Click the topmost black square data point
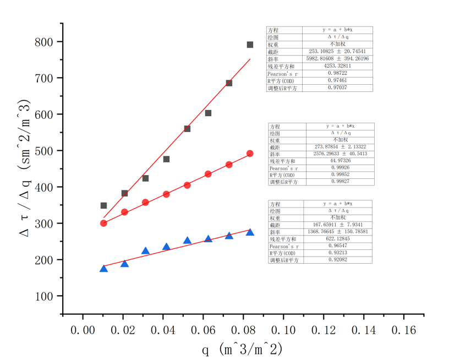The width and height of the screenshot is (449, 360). click(x=250, y=45)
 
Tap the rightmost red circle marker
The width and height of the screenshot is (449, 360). click(x=250, y=154)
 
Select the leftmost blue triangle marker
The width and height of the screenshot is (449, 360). click(x=103, y=268)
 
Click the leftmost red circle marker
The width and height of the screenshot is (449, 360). click(x=103, y=223)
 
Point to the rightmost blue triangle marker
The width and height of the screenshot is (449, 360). click(x=250, y=232)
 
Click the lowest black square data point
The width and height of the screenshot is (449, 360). click(x=103, y=205)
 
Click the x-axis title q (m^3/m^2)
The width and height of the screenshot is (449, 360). click(x=242, y=348)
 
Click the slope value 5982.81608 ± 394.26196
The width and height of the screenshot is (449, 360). click(x=337, y=58)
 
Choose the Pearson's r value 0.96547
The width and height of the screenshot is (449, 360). click(x=337, y=246)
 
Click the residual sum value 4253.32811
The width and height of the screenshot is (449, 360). click(x=337, y=66)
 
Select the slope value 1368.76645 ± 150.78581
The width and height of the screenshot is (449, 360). click(x=337, y=232)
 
